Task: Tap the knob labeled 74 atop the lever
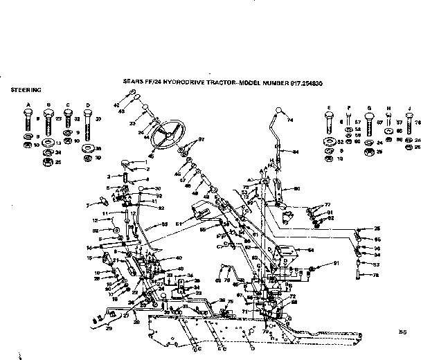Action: point(278,111)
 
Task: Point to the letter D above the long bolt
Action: point(87,105)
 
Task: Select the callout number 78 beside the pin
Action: point(377,276)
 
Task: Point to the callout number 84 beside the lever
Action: point(296,152)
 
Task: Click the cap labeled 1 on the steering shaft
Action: point(127,163)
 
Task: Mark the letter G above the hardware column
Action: point(369,107)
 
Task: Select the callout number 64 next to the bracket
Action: point(311,249)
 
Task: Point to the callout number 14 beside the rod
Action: point(89,247)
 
